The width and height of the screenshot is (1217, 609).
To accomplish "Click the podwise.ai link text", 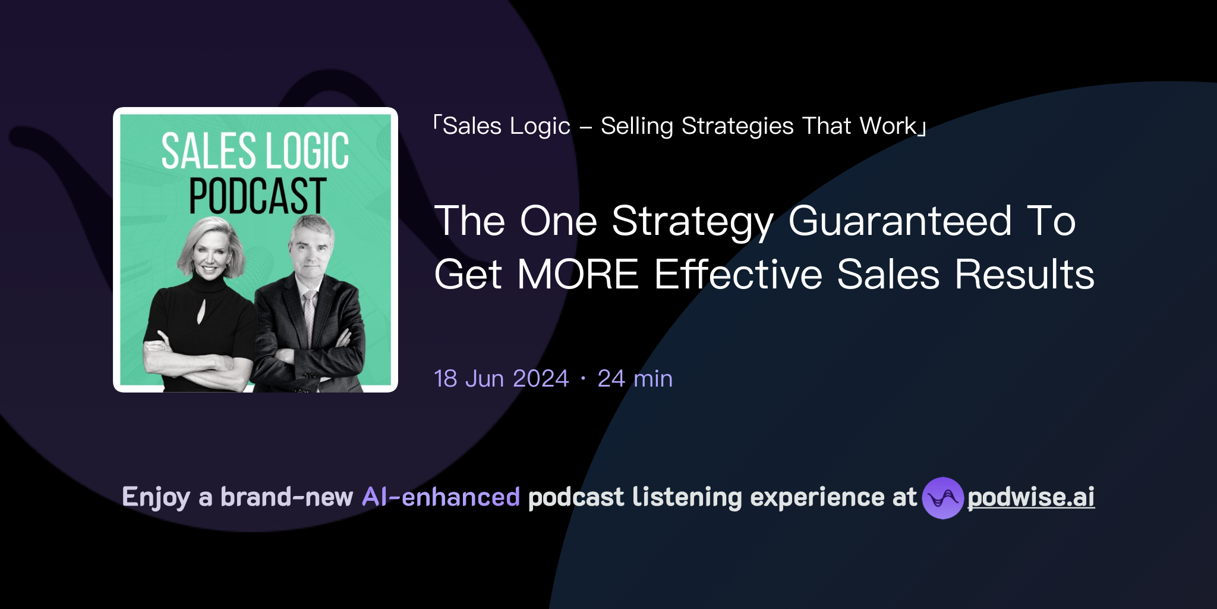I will tap(1030, 497).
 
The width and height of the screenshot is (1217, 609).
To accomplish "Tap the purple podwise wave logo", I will tap(942, 498).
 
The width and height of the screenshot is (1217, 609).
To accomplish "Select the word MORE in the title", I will tap(578, 275).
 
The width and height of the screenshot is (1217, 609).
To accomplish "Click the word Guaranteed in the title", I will tap(900, 221).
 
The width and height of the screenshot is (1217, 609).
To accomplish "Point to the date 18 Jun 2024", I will tap(501, 379).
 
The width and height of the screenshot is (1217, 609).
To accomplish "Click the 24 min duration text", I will tap(635, 379).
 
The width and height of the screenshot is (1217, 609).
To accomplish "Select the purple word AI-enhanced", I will tap(441, 497).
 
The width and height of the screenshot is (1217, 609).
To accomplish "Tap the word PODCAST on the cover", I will tap(257, 196).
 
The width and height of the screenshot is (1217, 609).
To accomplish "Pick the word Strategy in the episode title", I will tap(692, 221).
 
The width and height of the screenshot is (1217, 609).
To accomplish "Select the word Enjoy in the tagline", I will tap(156, 497).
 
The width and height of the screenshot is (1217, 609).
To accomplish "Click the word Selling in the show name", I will tap(636, 126).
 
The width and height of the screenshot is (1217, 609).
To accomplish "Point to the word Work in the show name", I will tap(888, 126).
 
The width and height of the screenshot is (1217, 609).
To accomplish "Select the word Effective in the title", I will tap(738, 275).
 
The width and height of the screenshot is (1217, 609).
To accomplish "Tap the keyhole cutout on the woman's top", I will tap(200, 310).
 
